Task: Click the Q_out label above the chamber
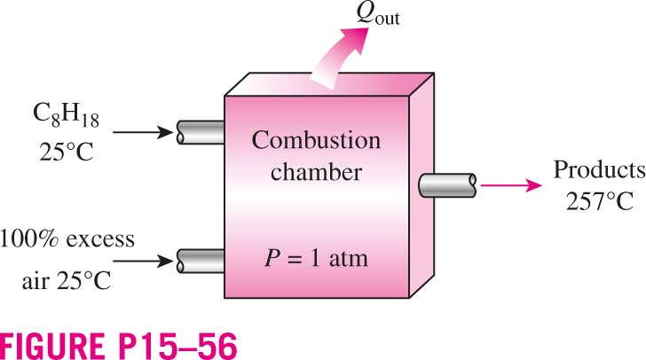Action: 378,16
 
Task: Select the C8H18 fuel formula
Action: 66,116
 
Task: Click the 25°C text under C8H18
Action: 67,152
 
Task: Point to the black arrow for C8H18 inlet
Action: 144,132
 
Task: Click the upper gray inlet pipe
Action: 201,132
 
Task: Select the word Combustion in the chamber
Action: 316,140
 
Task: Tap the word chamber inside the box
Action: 316,171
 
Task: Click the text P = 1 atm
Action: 316,259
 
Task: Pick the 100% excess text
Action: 67,239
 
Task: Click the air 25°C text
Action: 67,281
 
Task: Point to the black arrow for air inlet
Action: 144,261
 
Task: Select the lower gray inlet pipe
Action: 201,261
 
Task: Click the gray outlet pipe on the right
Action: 447,185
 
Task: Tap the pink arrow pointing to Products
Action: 511,185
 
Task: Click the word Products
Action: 600,169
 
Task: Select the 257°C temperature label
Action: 600,202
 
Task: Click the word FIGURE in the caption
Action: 52,346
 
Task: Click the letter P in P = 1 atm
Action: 272,259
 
